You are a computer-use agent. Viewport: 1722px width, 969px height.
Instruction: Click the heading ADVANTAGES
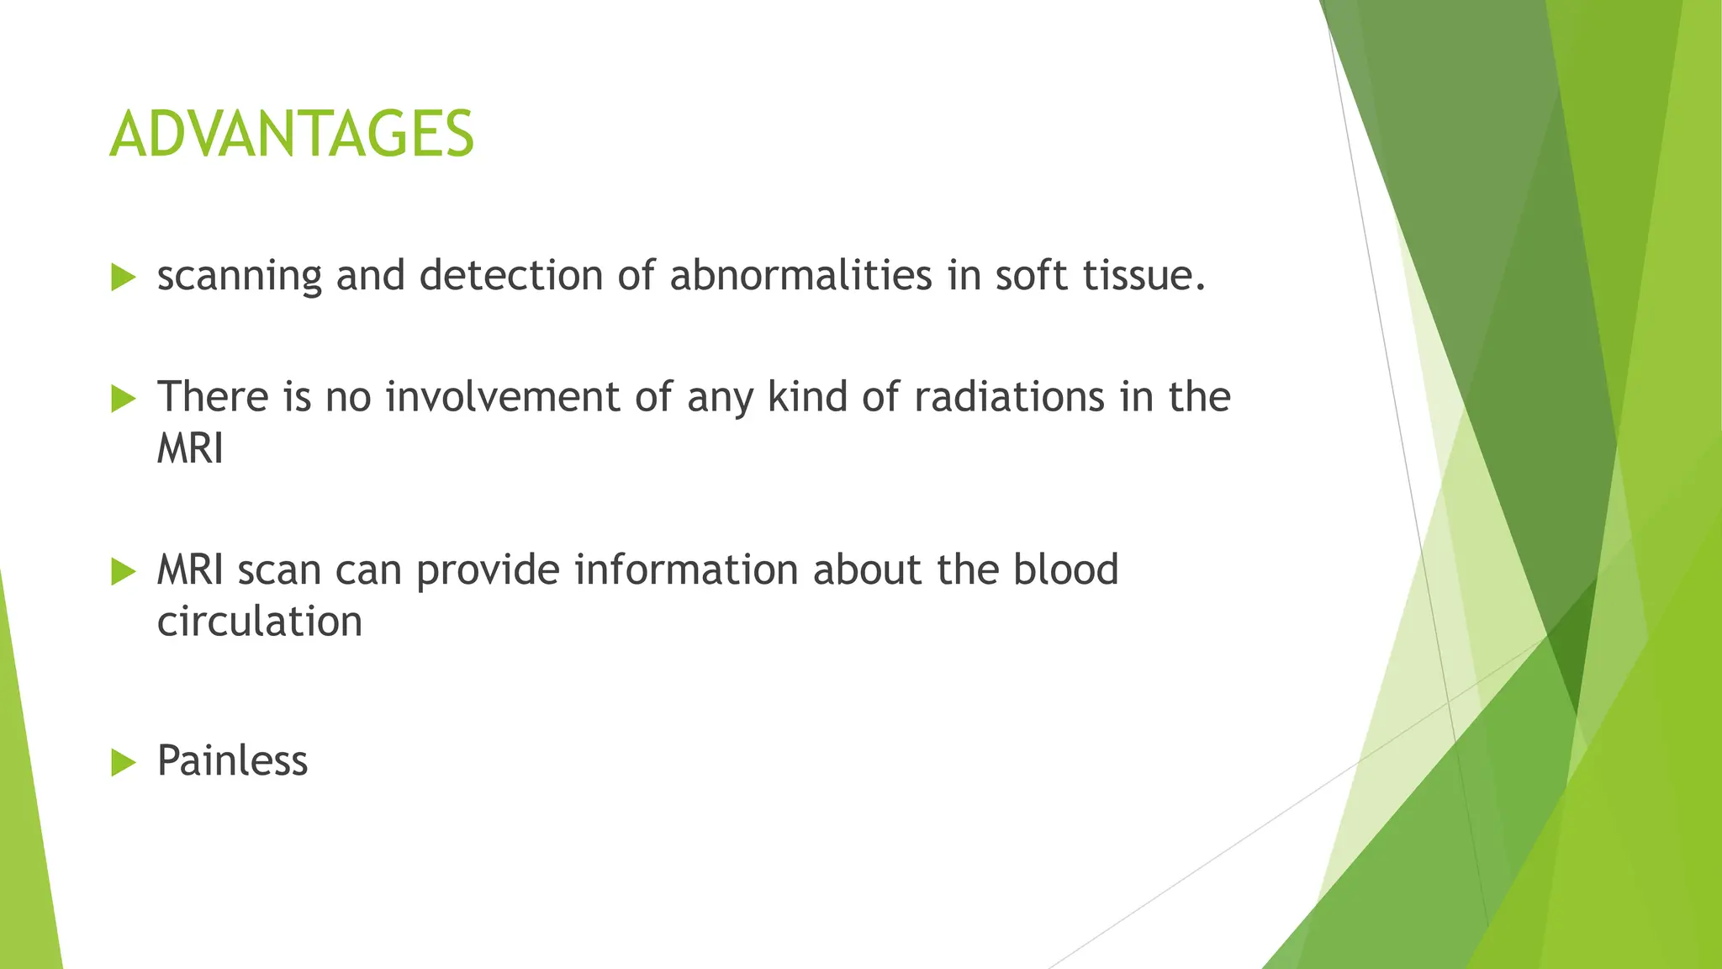[292, 135]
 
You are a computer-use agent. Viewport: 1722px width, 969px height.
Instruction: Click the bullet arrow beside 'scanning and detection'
[123, 277]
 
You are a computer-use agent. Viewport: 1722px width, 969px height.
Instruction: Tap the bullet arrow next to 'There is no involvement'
[123, 399]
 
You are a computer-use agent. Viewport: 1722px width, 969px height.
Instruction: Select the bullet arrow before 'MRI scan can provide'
[123, 572]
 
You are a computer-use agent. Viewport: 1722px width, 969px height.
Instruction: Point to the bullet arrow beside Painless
[123, 763]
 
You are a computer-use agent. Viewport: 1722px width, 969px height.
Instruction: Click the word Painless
[232, 760]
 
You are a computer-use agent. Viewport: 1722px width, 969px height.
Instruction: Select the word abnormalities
[800, 275]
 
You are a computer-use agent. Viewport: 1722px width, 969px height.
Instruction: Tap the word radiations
[1008, 396]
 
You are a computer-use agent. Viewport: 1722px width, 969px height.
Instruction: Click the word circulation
[260, 622]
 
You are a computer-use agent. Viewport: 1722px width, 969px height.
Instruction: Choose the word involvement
[502, 396]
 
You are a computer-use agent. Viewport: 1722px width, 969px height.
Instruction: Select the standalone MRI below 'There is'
[190, 448]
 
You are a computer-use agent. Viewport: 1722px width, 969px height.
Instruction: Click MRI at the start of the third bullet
[190, 569]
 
